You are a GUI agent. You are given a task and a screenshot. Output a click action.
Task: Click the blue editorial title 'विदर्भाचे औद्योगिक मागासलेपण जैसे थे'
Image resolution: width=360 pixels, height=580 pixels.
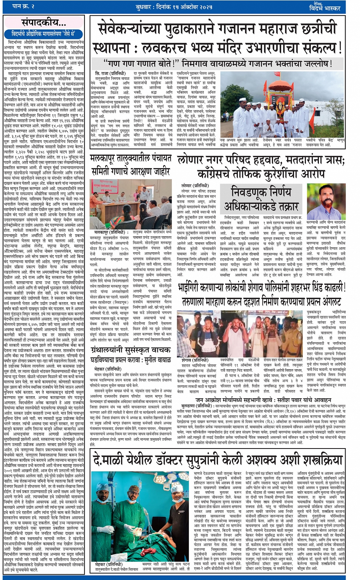(43, 34)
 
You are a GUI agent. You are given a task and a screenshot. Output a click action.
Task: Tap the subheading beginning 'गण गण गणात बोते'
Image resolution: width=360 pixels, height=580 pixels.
(218, 63)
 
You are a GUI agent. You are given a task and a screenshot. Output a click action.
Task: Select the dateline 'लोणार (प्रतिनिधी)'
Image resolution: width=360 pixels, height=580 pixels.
(195, 186)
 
